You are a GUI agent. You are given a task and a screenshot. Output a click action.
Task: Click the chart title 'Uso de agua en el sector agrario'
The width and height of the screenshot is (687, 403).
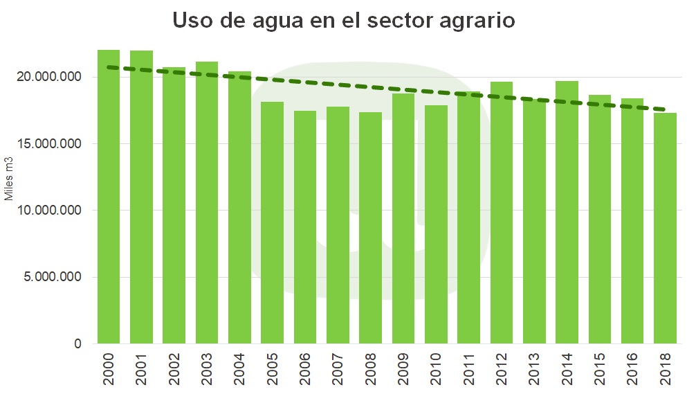click(x=343, y=21)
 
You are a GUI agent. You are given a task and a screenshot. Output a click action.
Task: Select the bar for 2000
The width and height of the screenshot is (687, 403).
click(x=109, y=197)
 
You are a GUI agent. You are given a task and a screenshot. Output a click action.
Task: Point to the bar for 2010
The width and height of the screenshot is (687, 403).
click(x=436, y=224)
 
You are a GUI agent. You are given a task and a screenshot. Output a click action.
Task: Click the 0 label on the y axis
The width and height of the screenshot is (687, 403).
click(x=77, y=344)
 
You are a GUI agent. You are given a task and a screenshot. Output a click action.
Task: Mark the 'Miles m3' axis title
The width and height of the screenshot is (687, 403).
click(x=10, y=178)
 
